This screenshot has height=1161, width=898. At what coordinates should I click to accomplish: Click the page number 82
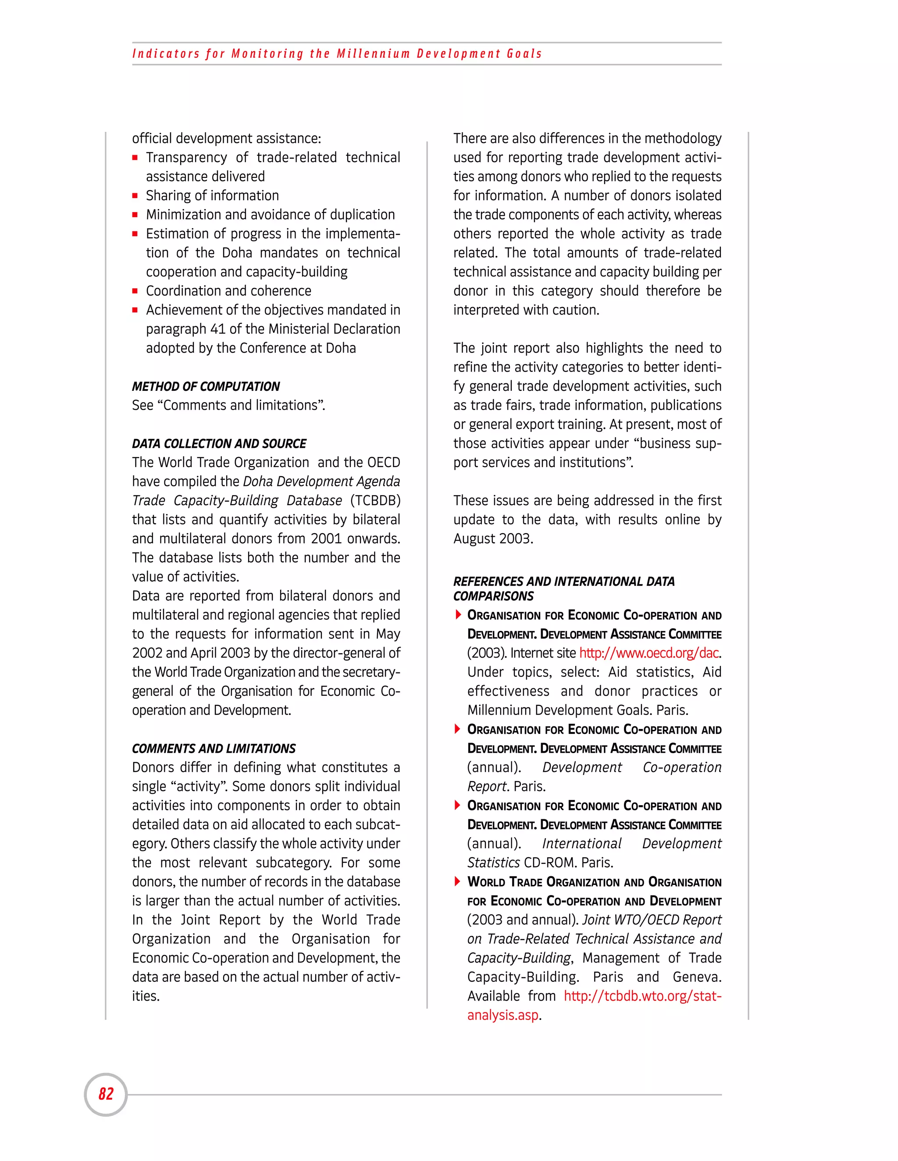pyautogui.click(x=106, y=1094)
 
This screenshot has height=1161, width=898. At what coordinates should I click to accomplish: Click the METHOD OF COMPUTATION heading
pyautogui.click(x=206, y=386)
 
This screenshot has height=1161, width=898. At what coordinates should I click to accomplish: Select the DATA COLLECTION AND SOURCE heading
pyautogui.click(x=219, y=443)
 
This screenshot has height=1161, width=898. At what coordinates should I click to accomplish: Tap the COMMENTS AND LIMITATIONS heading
pyautogui.click(x=214, y=748)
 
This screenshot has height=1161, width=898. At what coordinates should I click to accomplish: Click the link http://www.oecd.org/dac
pyautogui.click(x=649, y=653)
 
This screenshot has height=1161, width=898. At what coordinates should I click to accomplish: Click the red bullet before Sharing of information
pyautogui.click(x=135, y=196)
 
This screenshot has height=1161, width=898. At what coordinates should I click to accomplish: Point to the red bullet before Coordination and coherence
pyautogui.click(x=135, y=291)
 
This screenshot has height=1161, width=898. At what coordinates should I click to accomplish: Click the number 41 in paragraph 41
pyautogui.click(x=217, y=329)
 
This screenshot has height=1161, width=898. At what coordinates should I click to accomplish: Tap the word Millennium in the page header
pyautogui.click(x=373, y=54)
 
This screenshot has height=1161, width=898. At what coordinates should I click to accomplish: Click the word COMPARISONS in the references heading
pyautogui.click(x=493, y=596)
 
